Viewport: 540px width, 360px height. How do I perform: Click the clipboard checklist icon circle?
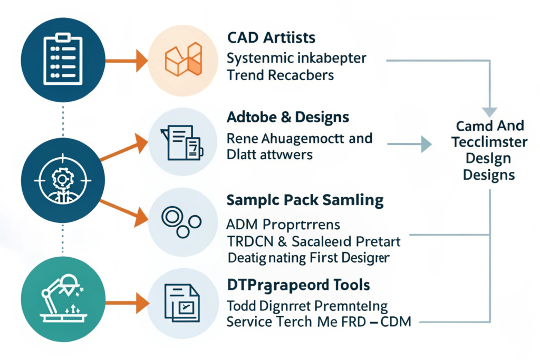point(63,59)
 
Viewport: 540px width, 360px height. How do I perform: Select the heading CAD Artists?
point(271,37)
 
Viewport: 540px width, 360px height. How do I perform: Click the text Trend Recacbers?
point(281,75)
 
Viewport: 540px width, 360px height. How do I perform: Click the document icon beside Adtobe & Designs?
point(184,142)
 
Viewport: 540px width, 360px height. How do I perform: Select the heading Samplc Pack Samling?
point(305,200)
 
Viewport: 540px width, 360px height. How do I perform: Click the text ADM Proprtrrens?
point(284,225)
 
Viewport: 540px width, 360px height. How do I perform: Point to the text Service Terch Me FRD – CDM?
point(318,322)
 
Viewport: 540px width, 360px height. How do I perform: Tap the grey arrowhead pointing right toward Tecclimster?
point(426,143)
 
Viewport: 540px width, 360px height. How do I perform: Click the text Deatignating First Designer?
point(309,258)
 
